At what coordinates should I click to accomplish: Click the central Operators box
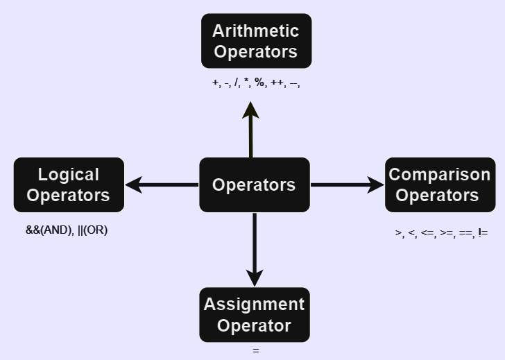pos(254,185)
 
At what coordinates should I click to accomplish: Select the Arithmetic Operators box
pos(256,41)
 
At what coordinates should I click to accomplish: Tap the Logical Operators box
pos(69,185)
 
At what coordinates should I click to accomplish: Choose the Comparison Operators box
pos(440,185)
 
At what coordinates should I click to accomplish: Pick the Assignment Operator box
pos(255,315)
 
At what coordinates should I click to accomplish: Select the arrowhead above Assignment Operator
pos(255,277)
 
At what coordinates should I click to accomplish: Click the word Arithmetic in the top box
pos(256,31)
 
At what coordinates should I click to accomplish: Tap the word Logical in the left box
pos(69,175)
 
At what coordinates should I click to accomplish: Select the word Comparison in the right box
pos(440,174)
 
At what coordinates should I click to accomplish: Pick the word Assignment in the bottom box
pos(255,305)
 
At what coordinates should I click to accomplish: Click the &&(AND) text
pos(49,230)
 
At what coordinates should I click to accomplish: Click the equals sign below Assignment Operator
pos(256,351)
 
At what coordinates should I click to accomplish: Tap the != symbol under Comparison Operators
pos(483,233)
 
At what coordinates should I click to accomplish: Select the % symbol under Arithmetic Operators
pos(259,83)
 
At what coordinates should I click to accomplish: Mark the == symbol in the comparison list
pos(465,233)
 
